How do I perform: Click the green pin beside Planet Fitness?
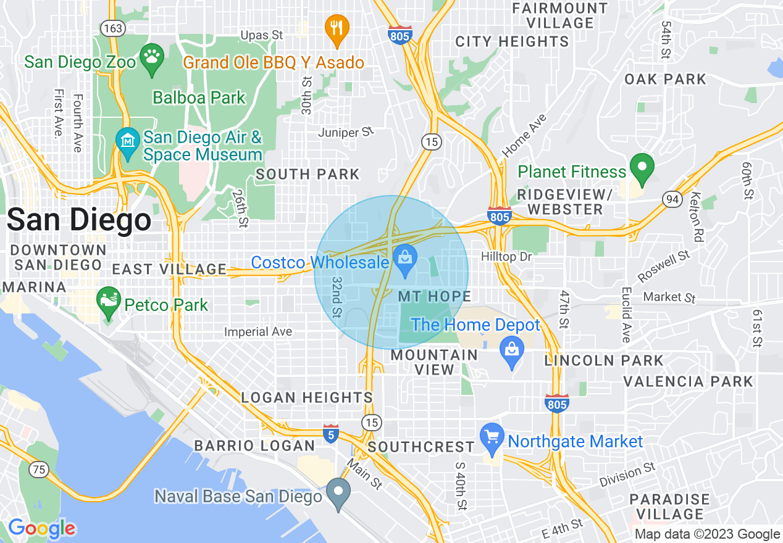tap(642, 168)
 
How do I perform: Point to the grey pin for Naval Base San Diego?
tap(338, 492)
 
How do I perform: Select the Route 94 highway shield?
tap(672, 199)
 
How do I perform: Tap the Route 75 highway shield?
tap(40, 470)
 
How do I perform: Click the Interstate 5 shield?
tap(331, 433)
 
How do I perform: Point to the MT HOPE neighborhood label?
tap(434, 297)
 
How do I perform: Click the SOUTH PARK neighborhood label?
tap(308, 175)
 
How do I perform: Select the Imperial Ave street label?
tap(258, 332)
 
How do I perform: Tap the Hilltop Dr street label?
tap(506, 255)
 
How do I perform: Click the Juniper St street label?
tap(346, 132)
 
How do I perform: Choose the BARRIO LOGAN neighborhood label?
tap(254, 446)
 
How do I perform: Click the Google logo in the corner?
tap(41, 528)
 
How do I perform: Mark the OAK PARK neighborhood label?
tap(665, 79)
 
